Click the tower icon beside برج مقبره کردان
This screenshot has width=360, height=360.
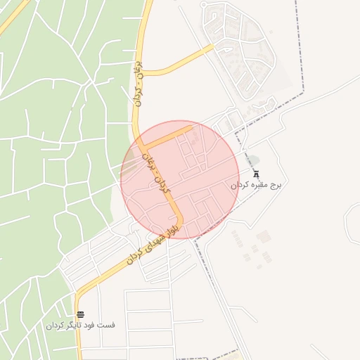click(x=255, y=174)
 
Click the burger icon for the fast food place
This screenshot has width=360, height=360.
click(x=80, y=314)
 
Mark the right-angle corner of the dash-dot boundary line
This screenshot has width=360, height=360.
click(x=304, y=94)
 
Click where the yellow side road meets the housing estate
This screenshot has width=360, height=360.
click(x=213, y=48)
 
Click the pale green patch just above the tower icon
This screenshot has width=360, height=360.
click(x=254, y=160)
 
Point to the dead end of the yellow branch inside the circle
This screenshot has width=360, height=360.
click(x=193, y=128)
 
